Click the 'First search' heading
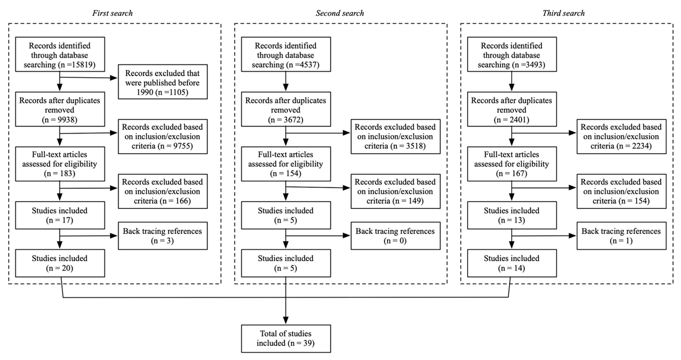pos(112,13)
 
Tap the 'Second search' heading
pos(339,13)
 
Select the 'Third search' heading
pos(564,13)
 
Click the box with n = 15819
pos(60,55)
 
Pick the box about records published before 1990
pos(163,82)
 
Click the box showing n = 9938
pos(60,109)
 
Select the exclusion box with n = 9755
pos(163,136)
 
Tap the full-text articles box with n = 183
pos(60,164)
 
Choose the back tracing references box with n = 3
pos(163,236)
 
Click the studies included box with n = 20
pos(60,263)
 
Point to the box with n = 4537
pos(286,55)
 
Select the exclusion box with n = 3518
pos(396,136)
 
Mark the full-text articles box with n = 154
pos(286,164)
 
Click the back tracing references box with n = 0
pos(396,236)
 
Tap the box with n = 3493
pos(512,55)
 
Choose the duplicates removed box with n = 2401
pos(512,109)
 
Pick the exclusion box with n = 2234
pos(621,136)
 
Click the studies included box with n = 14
pos(512,263)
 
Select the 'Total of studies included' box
pos(286,338)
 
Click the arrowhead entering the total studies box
pos(286,320)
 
